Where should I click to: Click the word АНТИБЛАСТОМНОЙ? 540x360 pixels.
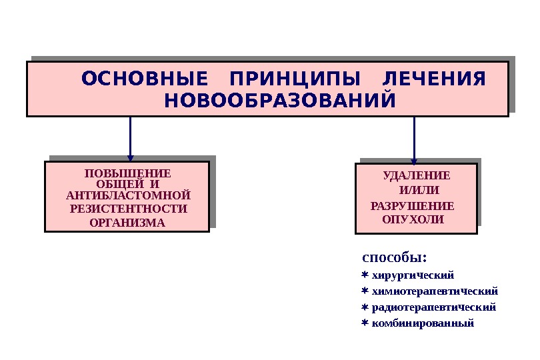128,195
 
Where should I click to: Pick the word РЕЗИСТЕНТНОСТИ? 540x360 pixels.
128,209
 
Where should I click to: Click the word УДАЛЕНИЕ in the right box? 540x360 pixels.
417,176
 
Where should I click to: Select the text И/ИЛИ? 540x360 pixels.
417,191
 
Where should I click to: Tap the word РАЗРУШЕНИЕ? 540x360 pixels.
412,205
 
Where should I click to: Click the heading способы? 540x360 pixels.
393,257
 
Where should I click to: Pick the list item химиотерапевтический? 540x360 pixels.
434,291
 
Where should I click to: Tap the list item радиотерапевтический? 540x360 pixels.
433,307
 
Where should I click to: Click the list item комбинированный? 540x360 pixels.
422,323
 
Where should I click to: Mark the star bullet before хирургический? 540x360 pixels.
365,275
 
